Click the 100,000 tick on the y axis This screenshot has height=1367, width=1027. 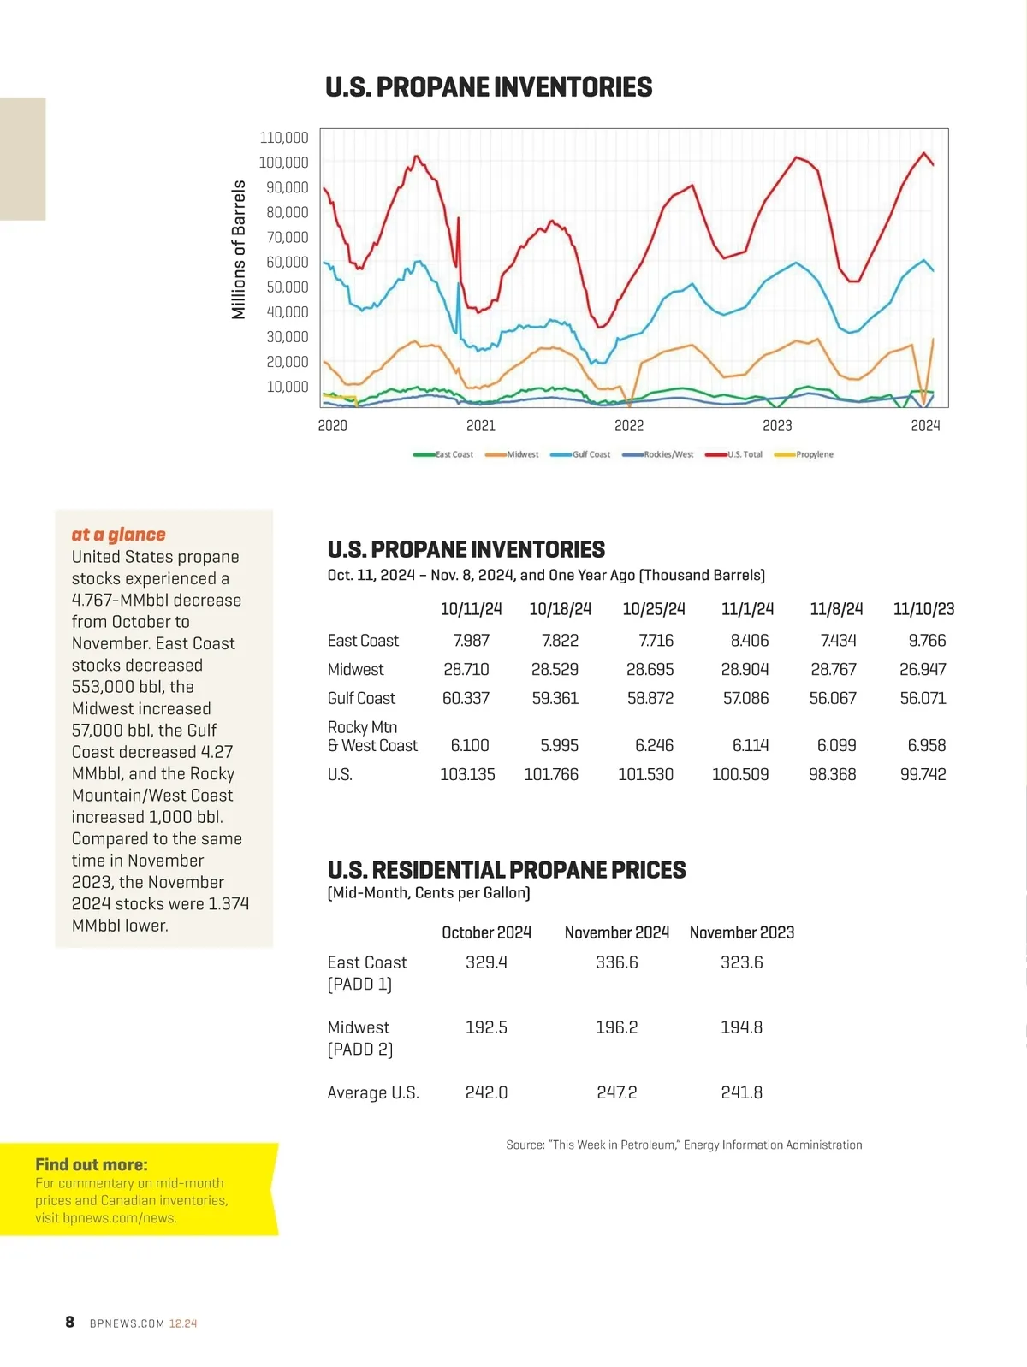(x=283, y=163)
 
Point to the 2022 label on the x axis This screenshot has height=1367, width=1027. (x=629, y=426)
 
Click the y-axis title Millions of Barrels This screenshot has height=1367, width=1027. (x=239, y=250)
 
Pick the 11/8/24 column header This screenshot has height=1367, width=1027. (x=836, y=609)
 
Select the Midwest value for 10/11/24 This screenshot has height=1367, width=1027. (x=466, y=669)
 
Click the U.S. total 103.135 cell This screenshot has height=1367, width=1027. (x=467, y=774)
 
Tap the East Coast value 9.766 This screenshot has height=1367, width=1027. (x=927, y=640)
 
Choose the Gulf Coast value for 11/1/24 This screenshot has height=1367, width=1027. (x=745, y=698)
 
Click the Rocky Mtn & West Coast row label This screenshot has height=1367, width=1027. (x=372, y=737)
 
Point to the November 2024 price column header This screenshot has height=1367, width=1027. (x=616, y=932)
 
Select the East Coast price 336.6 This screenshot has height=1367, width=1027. (x=616, y=962)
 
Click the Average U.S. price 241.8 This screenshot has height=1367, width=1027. (x=741, y=1092)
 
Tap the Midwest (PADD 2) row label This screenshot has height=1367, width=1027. (x=359, y=1038)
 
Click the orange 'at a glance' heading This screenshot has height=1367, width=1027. (x=118, y=535)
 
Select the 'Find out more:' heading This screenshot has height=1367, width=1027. (x=92, y=1164)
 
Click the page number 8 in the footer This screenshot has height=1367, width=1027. (x=70, y=1322)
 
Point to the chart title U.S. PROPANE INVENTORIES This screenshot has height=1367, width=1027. (x=489, y=87)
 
